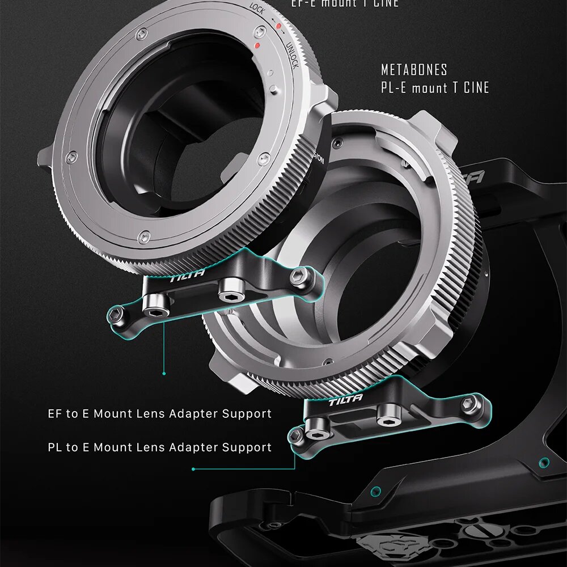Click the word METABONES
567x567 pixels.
point(414,70)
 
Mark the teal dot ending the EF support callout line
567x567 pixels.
point(164,373)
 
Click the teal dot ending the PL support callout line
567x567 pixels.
point(193,469)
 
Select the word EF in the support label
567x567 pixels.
point(55,414)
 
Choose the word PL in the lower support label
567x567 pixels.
point(55,447)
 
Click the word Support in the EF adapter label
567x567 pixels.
point(247,414)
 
